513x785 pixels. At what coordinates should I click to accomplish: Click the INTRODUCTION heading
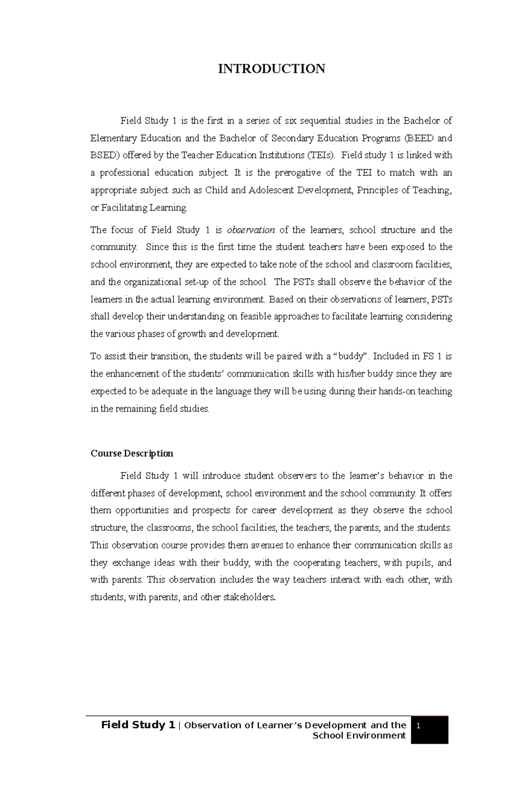(x=271, y=68)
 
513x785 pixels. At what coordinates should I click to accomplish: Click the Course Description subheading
(x=132, y=453)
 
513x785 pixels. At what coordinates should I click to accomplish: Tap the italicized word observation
(x=251, y=230)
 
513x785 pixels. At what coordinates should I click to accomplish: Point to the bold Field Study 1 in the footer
(x=138, y=725)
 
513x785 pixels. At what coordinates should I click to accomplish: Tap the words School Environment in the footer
(x=359, y=735)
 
